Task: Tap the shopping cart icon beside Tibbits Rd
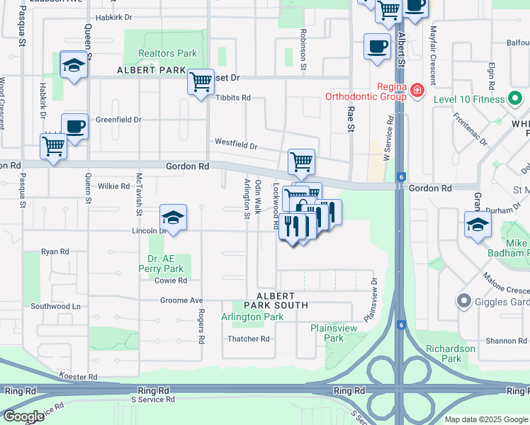click(201, 81)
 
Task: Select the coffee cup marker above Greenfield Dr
click(74, 127)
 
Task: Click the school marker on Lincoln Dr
click(173, 217)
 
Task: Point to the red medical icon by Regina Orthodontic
click(417, 91)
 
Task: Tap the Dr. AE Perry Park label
click(165, 263)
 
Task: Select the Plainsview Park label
click(327, 333)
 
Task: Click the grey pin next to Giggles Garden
click(464, 302)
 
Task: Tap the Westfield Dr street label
click(236, 145)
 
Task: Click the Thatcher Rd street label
click(249, 339)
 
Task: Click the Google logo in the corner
click(23, 416)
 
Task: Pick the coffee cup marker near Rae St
click(376, 47)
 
